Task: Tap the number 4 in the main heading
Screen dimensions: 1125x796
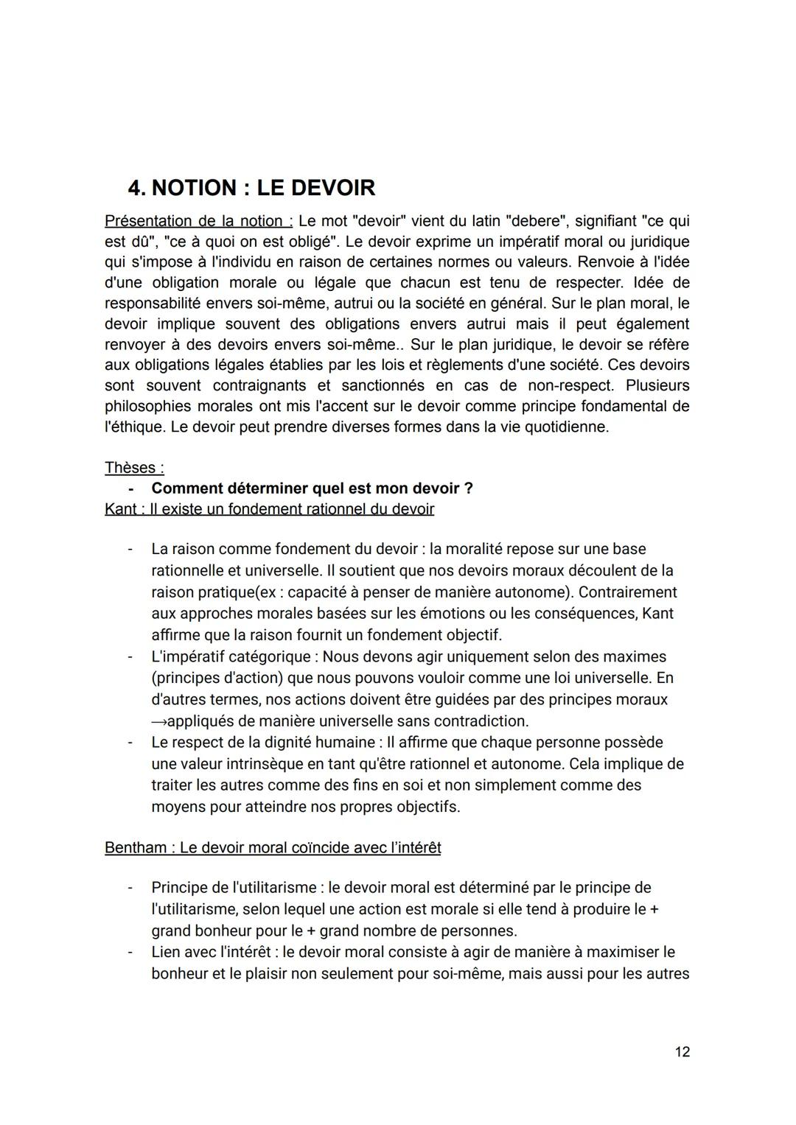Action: (136, 188)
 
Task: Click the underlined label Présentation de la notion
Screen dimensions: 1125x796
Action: (198, 221)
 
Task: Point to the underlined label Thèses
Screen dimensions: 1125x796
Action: (134, 468)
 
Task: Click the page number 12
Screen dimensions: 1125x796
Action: (682, 1051)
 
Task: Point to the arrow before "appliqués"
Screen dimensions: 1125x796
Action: (158, 721)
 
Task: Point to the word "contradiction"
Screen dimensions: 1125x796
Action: (481, 721)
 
